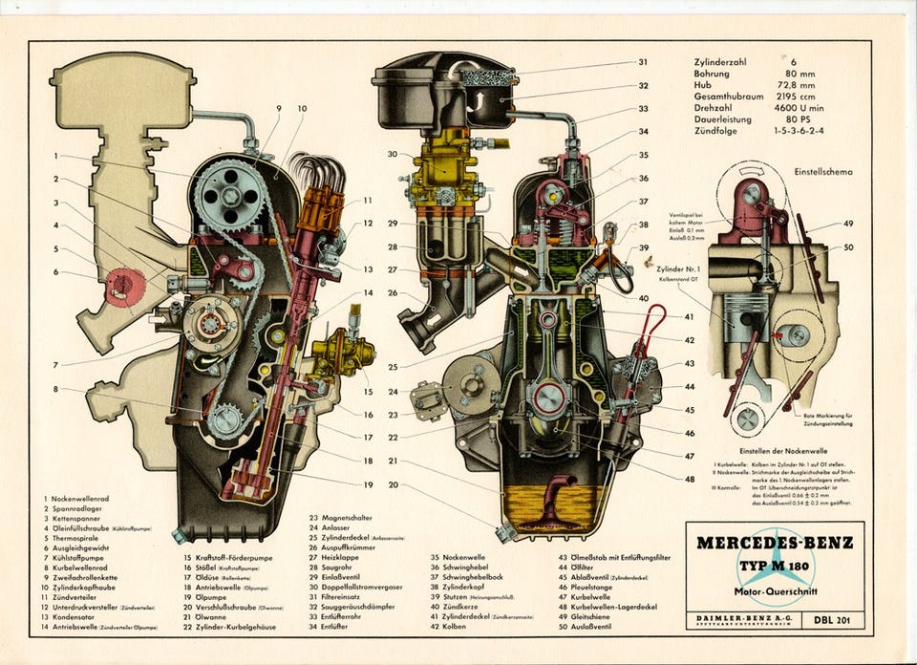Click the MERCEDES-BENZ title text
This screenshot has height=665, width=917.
[x=775, y=543]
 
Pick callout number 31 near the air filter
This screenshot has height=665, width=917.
[x=643, y=63]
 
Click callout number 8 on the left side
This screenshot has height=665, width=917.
[x=56, y=389]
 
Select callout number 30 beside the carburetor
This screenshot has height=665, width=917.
[x=392, y=154]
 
